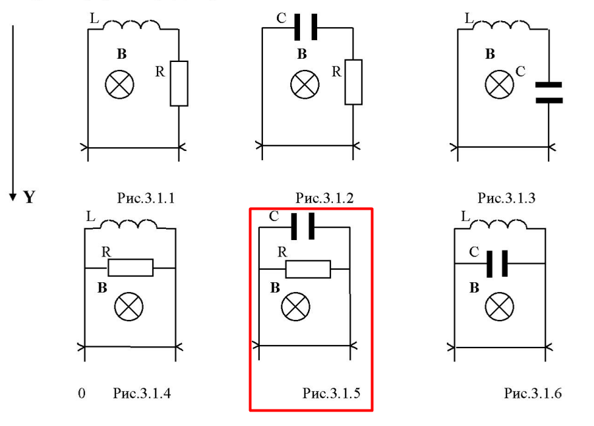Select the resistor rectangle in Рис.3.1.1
tap(179, 83)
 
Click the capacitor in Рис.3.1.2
tap(306, 28)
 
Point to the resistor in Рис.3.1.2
tap(353, 82)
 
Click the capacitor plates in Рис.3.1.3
tap(549, 92)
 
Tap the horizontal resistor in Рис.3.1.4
tap(131, 268)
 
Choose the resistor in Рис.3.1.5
tap(308, 269)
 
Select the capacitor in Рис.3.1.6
tap(497, 264)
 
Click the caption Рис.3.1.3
tap(507, 197)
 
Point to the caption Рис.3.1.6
tap(533, 394)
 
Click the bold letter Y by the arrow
tap(29, 197)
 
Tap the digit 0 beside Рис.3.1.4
tap(82, 394)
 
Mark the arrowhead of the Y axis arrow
tap(13, 196)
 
